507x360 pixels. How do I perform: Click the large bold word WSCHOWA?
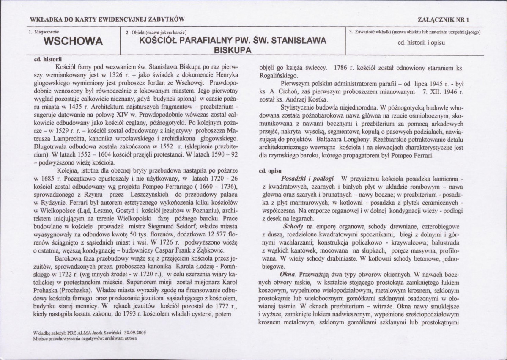point(74,42)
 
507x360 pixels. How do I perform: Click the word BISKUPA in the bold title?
point(230,49)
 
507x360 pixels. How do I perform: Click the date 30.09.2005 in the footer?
point(132,333)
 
